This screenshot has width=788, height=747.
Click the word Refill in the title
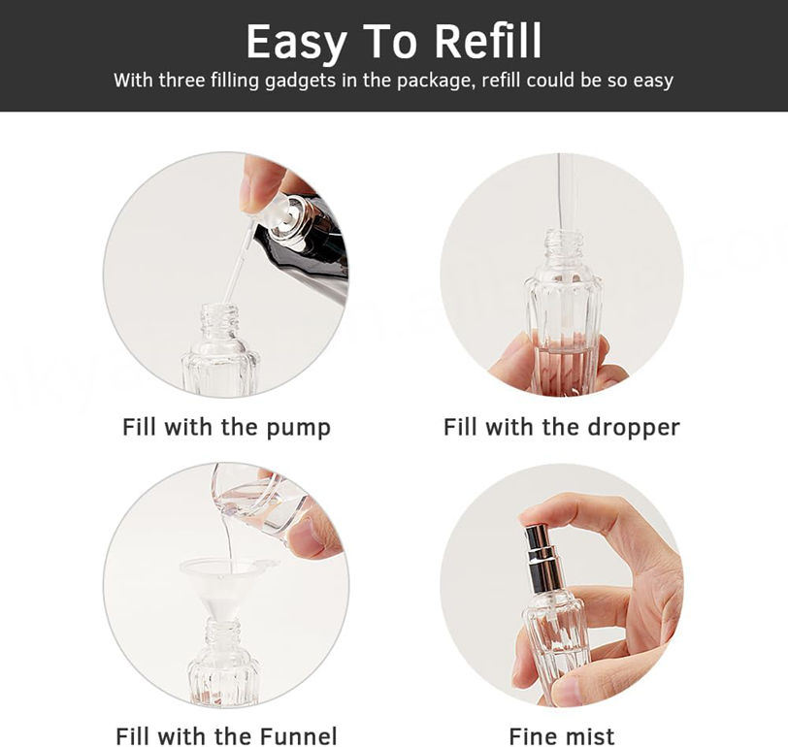[488, 41]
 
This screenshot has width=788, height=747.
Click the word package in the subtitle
[435, 81]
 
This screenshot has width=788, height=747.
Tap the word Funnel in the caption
[298, 736]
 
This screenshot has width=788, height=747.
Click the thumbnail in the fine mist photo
[567, 692]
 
